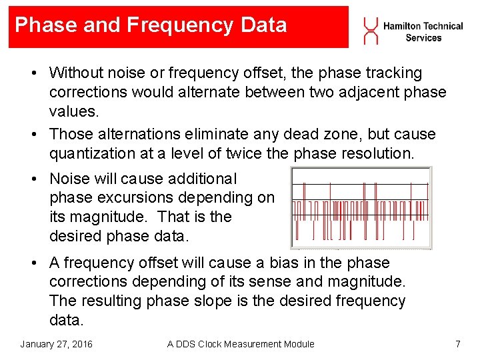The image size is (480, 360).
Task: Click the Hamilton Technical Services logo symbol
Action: click(x=369, y=30)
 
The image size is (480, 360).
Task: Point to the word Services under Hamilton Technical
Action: click(x=423, y=38)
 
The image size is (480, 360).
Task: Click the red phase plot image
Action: click(x=361, y=207)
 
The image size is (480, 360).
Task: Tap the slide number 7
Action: click(x=457, y=344)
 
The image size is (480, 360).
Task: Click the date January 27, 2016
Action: click(x=56, y=344)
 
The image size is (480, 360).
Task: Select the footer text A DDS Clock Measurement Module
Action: click(x=241, y=344)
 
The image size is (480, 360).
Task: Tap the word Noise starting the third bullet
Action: click(x=69, y=179)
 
